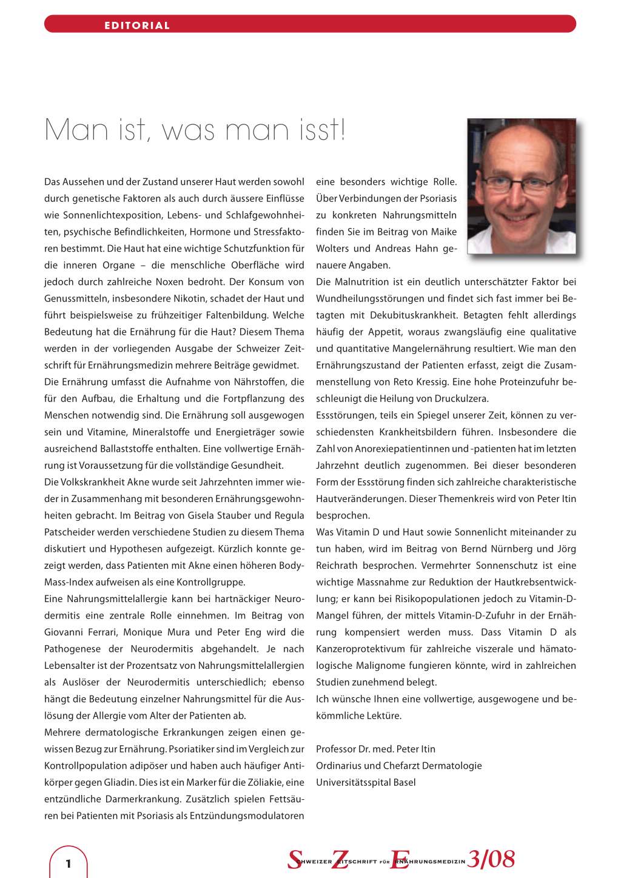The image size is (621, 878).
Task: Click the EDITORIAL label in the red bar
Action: [137, 25]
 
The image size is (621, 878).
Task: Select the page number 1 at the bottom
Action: [69, 863]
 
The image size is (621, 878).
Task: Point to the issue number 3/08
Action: [491, 859]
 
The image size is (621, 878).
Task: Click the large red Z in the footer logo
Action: [340, 860]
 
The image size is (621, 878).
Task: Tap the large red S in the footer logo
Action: [295, 860]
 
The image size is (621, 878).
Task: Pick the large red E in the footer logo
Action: [399, 860]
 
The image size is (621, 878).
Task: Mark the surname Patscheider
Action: [72, 532]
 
